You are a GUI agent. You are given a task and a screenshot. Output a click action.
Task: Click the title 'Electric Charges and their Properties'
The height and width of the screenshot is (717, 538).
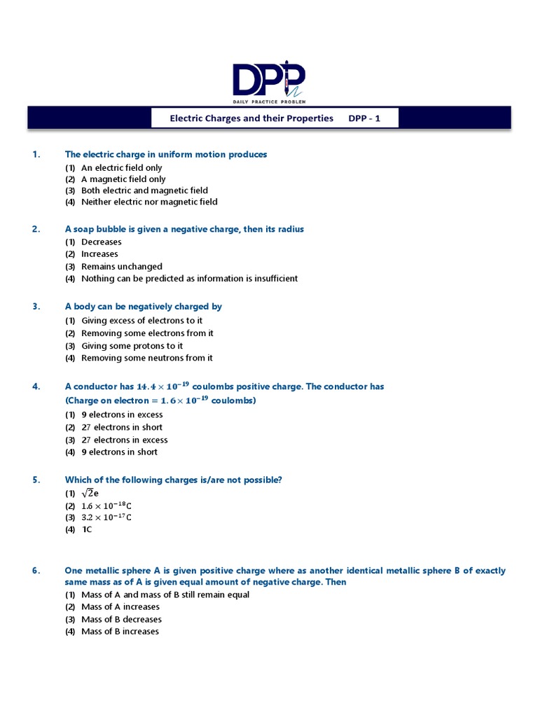[x=251, y=118]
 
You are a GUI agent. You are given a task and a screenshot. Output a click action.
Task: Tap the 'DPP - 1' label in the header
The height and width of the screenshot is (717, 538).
[x=364, y=118]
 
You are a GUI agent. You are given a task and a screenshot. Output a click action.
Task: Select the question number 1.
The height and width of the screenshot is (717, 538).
[x=35, y=154]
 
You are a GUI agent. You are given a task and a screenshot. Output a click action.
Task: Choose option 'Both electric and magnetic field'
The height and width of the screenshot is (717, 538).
[x=144, y=190]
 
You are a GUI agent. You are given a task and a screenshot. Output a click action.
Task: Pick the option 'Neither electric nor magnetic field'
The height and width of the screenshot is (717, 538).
[x=149, y=202]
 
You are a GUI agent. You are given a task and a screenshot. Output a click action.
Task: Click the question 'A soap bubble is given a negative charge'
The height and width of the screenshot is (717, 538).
[x=184, y=229]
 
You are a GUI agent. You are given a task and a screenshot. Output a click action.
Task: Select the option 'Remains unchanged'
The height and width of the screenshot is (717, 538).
[x=121, y=267]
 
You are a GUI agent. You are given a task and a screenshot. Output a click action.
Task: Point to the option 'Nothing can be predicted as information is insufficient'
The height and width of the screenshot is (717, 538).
[x=189, y=279]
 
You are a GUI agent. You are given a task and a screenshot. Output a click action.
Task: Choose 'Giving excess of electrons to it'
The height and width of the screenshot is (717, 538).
[x=142, y=321]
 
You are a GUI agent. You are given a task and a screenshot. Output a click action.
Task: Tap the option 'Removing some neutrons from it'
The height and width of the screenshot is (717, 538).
[x=147, y=358]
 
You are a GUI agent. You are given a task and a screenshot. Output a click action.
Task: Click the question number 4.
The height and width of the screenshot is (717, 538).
[x=35, y=387]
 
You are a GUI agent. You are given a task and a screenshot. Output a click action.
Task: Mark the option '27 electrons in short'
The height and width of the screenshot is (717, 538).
[x=121, y=427]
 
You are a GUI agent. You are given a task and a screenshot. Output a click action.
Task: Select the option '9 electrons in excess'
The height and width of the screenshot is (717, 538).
[x=121, y=415]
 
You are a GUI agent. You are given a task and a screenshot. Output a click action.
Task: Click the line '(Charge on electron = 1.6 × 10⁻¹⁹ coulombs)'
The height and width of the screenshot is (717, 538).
[x=160, y=401]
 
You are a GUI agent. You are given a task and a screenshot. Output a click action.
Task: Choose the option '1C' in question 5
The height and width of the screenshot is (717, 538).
[x=86, y=529]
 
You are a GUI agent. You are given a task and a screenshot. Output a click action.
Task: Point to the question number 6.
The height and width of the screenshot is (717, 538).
[x=35, y=571]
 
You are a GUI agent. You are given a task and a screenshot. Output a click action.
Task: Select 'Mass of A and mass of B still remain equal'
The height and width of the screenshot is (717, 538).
[x=165, y=595]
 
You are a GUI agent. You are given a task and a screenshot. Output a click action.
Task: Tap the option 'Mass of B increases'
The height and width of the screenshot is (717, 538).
[x=120, y=632]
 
